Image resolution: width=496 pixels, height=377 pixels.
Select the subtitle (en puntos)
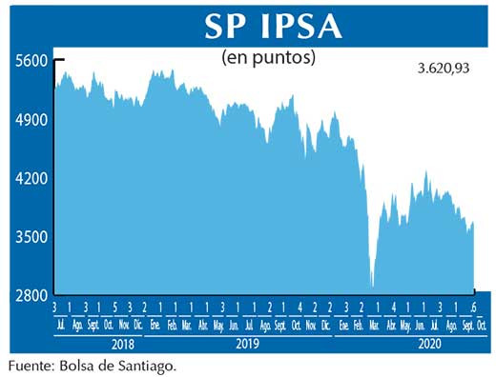coord(268,57)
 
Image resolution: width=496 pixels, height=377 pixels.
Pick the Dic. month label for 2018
coord(139,326)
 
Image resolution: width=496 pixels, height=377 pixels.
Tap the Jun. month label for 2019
coord(234,326)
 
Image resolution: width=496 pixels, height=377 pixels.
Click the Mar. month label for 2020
coord(375,326)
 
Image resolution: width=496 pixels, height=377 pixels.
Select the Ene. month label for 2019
coord(155,326)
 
